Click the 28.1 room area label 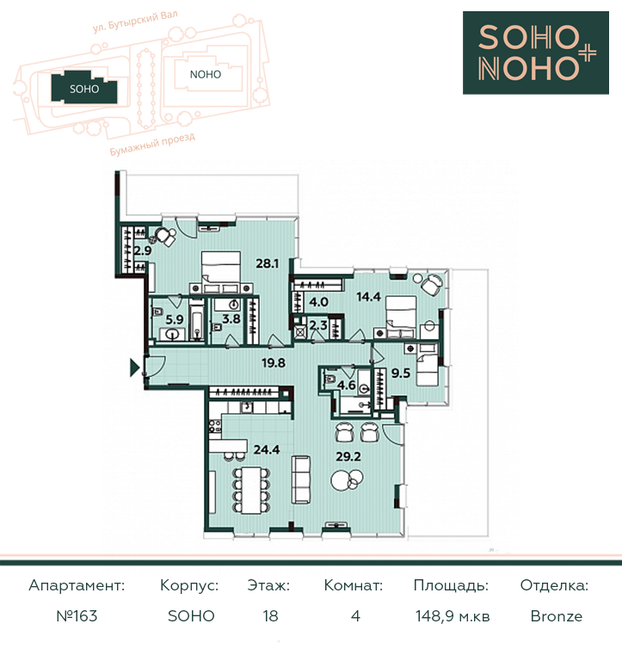(x=268, y=264)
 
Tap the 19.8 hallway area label (x=274, y=362)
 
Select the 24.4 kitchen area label (x=267, y=450)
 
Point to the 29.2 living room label (x=348, y=456)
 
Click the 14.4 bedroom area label (x=368, y=297)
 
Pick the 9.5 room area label (x=400, y=373)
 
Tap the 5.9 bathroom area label (x=174, y=319)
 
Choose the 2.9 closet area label (x=143, y=250)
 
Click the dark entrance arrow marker (x=134, y=368)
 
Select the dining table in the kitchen (x=251, y=490)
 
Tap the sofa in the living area (x=301, y=479)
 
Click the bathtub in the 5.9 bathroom (x=196, y=319)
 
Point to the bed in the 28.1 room (x=221, y=272)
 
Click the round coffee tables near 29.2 (x=347, y=479)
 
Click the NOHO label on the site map (x=206, y=75)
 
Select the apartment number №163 (x=77, y=616)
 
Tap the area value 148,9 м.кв (x=453, y=616)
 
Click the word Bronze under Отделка (x=557, y=616)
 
